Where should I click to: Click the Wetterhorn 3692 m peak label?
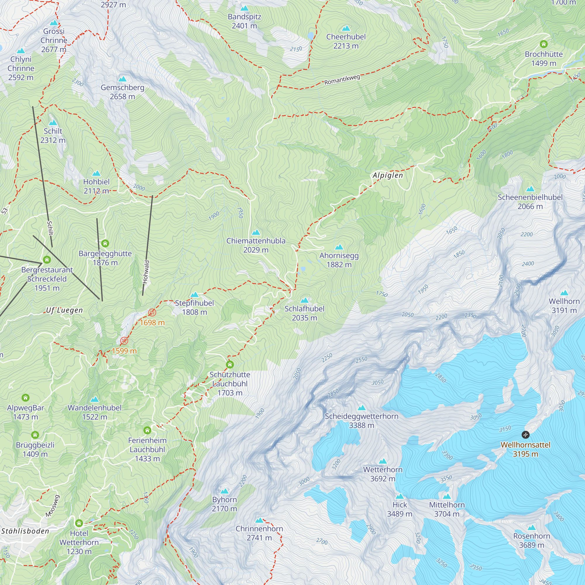click(x=383, y=474)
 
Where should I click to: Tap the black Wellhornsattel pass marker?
click(x=525, y=435)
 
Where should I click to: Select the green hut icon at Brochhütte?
click(x=543, y=44)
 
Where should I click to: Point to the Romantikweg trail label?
click(x=342, y=80)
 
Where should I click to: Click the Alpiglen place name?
click(x=388, y=175)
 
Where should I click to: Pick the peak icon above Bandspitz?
click(x=244, y=8)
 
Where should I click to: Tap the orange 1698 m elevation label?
click(x=152, y=322)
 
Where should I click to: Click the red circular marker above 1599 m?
click(x=124, y=341)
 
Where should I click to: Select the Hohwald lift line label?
click(x=146, y=272)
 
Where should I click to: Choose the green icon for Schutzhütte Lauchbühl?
click(x=230, y=364)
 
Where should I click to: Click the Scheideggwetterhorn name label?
click(x=362, y=416)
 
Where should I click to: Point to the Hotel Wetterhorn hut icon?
click(x=79, y=523)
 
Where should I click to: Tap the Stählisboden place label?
click(x=25, y=531)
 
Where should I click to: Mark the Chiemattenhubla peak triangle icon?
click(x=256, y=232)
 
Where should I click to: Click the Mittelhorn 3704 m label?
click(x=447, y=509)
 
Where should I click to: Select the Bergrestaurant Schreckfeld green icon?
click(x=47, y=259)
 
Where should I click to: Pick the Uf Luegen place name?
click(x=64, y=310)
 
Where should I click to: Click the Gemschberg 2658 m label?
click(x=122, y=92)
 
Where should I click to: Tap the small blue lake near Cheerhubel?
click(x=310, y=36)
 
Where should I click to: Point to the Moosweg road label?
click(x=53, y=506)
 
